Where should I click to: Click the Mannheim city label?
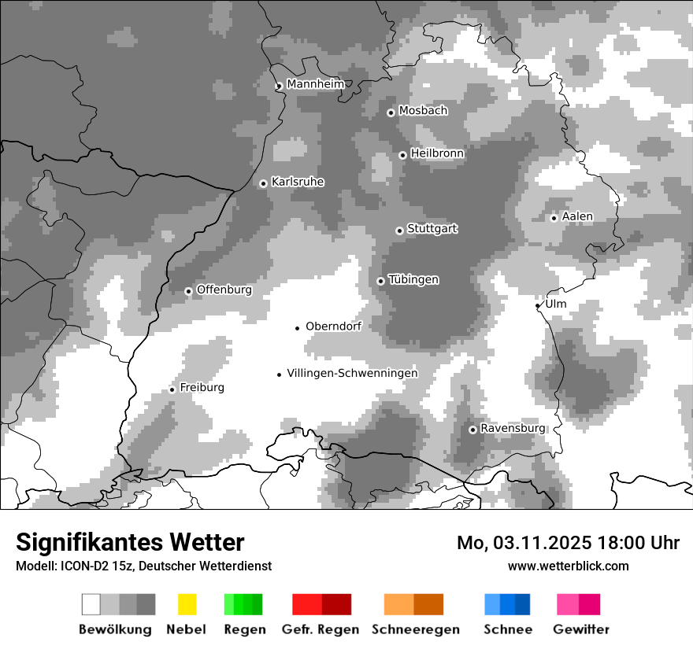point(316,84)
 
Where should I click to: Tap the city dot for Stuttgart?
point(399,231)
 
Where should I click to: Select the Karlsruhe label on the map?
point(298,182)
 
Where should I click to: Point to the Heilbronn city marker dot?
point(402,155)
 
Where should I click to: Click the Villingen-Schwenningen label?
point(352,374)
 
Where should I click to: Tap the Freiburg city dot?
point(172,389)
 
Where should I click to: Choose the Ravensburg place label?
point(513,428)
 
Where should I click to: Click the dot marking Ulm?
point(538,305)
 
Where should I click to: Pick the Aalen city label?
point(577,216)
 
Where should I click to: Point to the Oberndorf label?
point(333,326)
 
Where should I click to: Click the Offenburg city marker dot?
point(188,291)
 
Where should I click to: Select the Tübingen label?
point(413,280)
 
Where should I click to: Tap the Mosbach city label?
point(423,111)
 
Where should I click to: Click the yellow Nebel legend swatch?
point(187,604)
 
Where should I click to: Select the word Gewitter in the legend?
point(581,629)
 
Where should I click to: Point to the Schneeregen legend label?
point(416,629)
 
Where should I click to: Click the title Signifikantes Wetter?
point(130,543)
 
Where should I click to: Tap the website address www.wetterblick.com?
point(569,566)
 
